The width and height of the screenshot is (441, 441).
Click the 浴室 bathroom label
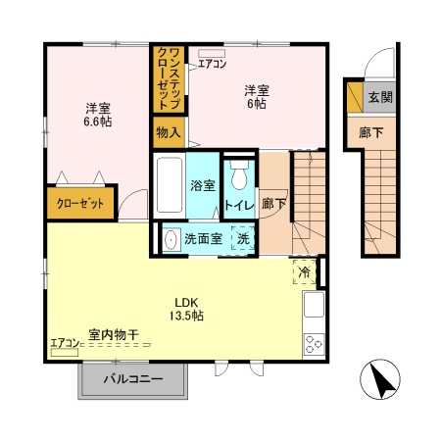[203, 184]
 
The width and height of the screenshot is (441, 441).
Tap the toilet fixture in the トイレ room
[238, 175]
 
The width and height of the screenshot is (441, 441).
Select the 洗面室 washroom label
[204, 238]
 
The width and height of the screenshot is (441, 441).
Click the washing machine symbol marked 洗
[241, 238]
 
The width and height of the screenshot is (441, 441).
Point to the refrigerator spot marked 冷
[304, 271]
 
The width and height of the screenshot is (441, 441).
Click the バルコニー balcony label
[133, 378]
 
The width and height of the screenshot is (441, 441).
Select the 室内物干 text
[112, 335]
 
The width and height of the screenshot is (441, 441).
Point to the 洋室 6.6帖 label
[96, 116]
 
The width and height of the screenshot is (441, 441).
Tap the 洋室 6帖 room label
[257, 97]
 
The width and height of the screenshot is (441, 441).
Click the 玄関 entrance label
[380, 97]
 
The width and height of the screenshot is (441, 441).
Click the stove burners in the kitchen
[315, 343]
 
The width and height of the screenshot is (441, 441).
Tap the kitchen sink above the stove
[314, 306]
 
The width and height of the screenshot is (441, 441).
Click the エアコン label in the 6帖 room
[212, 65]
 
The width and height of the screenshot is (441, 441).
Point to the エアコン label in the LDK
[64, 343]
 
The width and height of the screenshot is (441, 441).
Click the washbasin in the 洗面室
[171, 238]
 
